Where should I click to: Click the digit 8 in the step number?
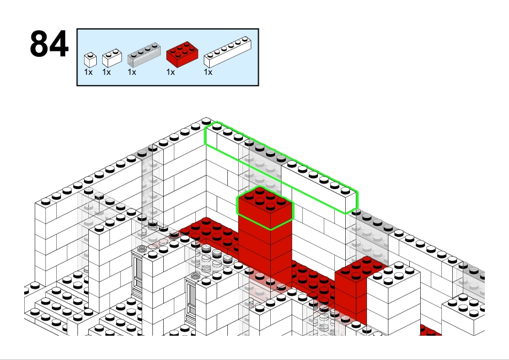(40, 43)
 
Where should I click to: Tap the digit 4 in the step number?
(59, 43)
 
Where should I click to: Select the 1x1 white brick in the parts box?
(90, 60)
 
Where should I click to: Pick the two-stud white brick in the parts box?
(112, 58)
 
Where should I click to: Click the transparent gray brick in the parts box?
(144, 54)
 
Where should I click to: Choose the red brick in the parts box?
(182, 54)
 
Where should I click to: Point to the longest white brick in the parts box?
(227, 52)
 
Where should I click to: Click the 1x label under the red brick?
(170, 72)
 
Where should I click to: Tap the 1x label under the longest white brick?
(208, 72)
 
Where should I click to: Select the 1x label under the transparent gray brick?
(132, 72)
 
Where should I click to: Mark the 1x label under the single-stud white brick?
(88, 72)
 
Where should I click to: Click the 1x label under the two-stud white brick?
(106, 72)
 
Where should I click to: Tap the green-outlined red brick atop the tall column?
(265, 208)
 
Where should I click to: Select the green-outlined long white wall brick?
(281, 168)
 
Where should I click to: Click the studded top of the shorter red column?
(361, 269)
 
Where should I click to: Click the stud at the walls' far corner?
(206, 121)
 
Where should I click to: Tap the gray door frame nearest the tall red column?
(192, 298)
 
